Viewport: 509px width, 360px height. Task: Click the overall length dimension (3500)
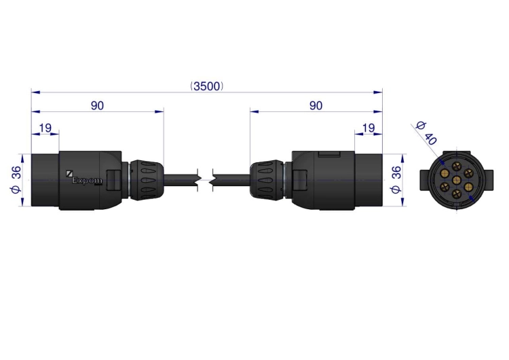(x=207, y=86)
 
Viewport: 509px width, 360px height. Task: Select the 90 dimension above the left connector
(x=97, y=105)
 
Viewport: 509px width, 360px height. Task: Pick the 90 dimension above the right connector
(x=316, y=105)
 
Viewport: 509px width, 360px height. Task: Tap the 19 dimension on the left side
(x=45, y=128)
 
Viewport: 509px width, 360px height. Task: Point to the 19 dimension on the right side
(x=369, y=128)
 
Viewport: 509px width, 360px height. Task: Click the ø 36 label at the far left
(x=16, y=180)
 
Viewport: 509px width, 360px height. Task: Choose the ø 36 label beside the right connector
(x=396, y=180)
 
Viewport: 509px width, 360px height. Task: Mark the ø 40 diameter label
(x=426, y=133)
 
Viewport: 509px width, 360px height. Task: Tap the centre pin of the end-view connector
(x=457, y=180)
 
